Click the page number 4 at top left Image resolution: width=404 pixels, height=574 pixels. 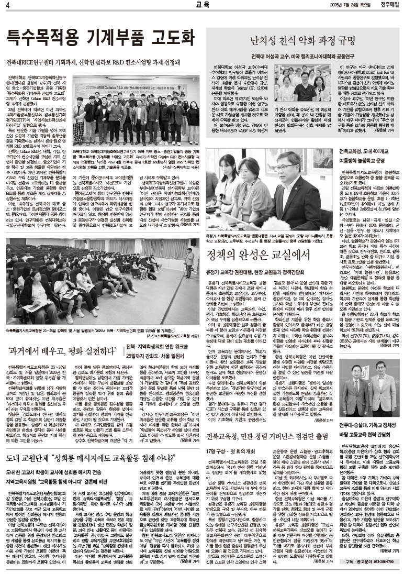coord(8,6)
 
